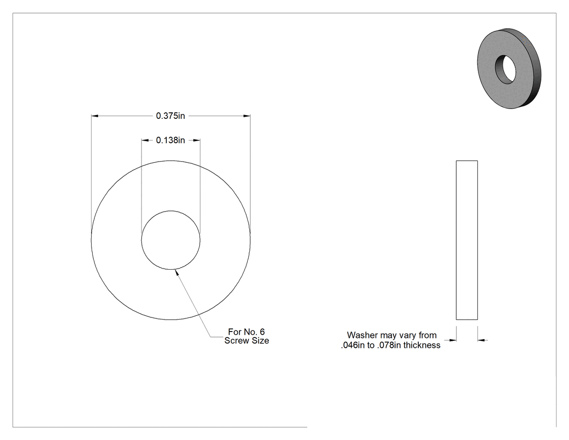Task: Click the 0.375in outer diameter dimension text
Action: tap(171, 116)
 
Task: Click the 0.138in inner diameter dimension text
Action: tap(171, 141)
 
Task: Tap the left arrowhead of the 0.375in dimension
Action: tap(95, 116)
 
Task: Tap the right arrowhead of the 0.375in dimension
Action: tap(247, 116)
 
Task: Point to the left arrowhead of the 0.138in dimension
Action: tap(145, 141)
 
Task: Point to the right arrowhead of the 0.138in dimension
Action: tap(196, 141)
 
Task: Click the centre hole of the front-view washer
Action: tap(171, 240)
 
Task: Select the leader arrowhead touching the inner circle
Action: tap(177, 272)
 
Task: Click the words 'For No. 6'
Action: tap(247, 331)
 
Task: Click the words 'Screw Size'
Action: tap(247, 341)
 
